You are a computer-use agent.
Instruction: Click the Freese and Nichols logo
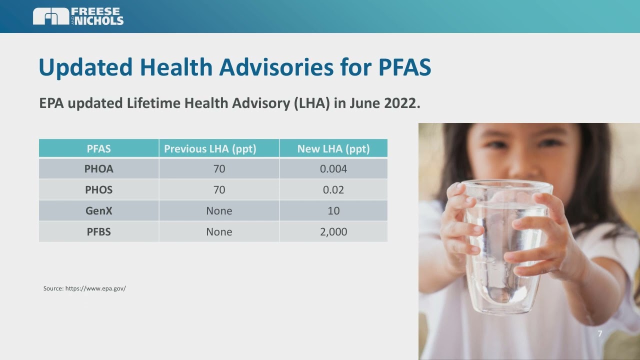coord(78,16)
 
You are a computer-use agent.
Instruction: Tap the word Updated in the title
coord(85,67)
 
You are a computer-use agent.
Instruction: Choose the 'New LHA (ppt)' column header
coord(333,149)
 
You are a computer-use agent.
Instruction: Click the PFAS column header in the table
coord(99,149)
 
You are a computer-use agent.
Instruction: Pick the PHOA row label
coord(99,169)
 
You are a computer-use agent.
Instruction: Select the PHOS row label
coord(99,190)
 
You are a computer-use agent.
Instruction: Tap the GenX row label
coord(99,211)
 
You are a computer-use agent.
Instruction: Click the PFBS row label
coord(99,232)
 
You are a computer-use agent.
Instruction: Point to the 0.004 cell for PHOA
coord(333,169)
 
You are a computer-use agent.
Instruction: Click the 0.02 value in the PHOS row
coord(333,190)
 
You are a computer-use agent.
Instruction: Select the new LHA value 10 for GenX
coord(333,211)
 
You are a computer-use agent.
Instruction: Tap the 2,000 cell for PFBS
coord(333,232)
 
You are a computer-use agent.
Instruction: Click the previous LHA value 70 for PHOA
coord(219,169)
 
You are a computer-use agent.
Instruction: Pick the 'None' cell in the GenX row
coord(219,211)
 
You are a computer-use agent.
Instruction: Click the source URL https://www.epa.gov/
coord(95,288)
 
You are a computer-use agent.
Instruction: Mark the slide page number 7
coord(600,334)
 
